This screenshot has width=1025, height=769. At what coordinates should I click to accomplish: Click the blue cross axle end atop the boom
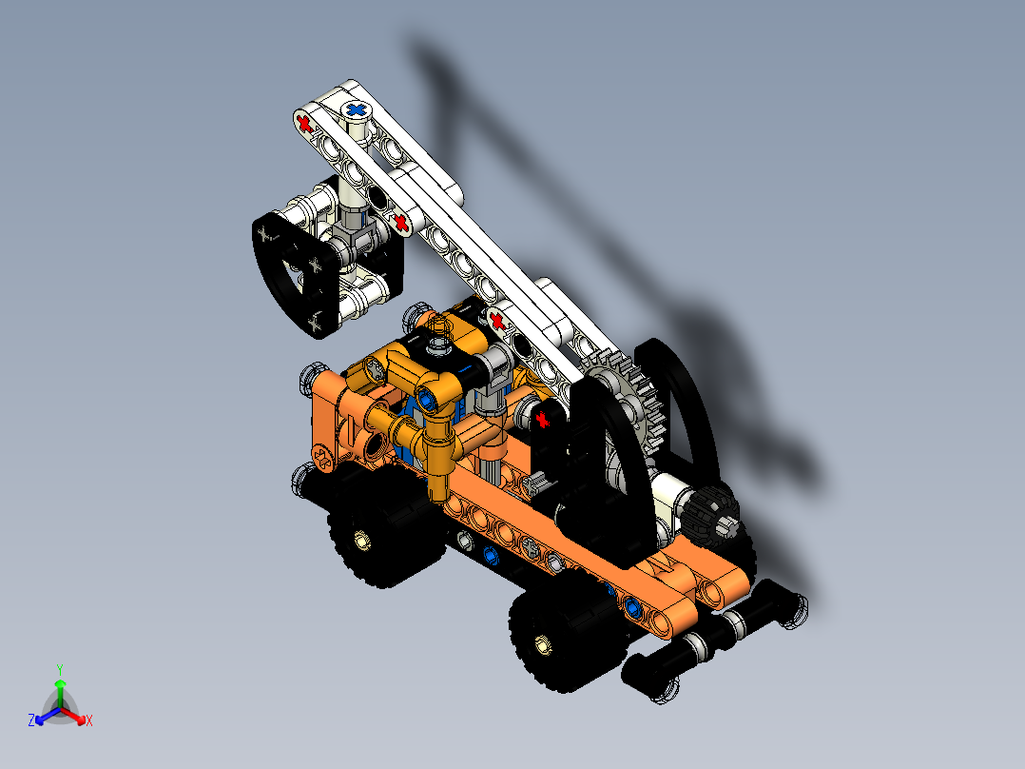click(x=357, y=110)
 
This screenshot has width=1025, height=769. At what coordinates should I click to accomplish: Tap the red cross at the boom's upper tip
click(x=303, y=123)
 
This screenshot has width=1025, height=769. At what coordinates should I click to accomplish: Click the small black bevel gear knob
click(x=710, y=520)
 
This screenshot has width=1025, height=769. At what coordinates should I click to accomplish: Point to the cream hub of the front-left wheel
click(x=361, y=541)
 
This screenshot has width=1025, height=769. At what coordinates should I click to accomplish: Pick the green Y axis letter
click(x=59, y=668)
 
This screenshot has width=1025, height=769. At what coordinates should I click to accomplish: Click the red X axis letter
click(x=89, y=721)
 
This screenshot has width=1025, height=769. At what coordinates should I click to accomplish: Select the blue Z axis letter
click(x=31, y=721)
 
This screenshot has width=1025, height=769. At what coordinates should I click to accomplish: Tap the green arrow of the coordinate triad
click(x=59, y=686)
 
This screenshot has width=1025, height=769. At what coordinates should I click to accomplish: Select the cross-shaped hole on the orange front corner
click(x=323, y=460)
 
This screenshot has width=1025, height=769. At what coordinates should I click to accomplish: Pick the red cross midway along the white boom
click(x=401, y=223)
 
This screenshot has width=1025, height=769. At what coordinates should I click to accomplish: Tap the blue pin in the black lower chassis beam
click(x=490, y=553)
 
